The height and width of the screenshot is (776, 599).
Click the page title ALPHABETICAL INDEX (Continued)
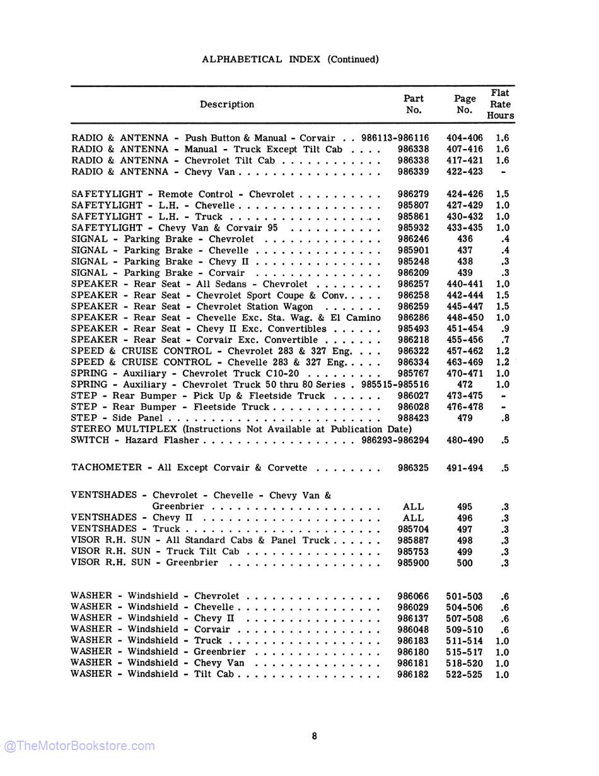point(290,59)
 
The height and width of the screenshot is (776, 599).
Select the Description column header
point(227,104)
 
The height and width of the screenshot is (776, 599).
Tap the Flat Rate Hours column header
point(500,104)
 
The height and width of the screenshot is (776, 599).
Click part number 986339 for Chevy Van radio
point(413,172)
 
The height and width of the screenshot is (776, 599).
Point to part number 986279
point(413,194)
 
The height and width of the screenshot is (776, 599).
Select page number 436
point(464,239)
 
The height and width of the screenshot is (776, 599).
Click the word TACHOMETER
point(106,468)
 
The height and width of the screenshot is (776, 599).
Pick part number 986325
point(413,468)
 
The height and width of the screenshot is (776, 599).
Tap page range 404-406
point(464,138)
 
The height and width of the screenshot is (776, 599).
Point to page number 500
point(464,563)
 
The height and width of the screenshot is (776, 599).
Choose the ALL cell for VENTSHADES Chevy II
point(413,518)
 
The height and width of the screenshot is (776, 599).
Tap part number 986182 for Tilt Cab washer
point(413,674)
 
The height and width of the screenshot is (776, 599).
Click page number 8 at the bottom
point(314,736)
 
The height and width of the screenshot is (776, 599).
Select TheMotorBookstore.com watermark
point(79,746)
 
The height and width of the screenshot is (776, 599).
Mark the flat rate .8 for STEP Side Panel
point(504,418)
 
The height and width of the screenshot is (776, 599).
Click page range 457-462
point(464,351)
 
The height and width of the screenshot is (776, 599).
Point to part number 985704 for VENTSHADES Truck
point(413,529)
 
